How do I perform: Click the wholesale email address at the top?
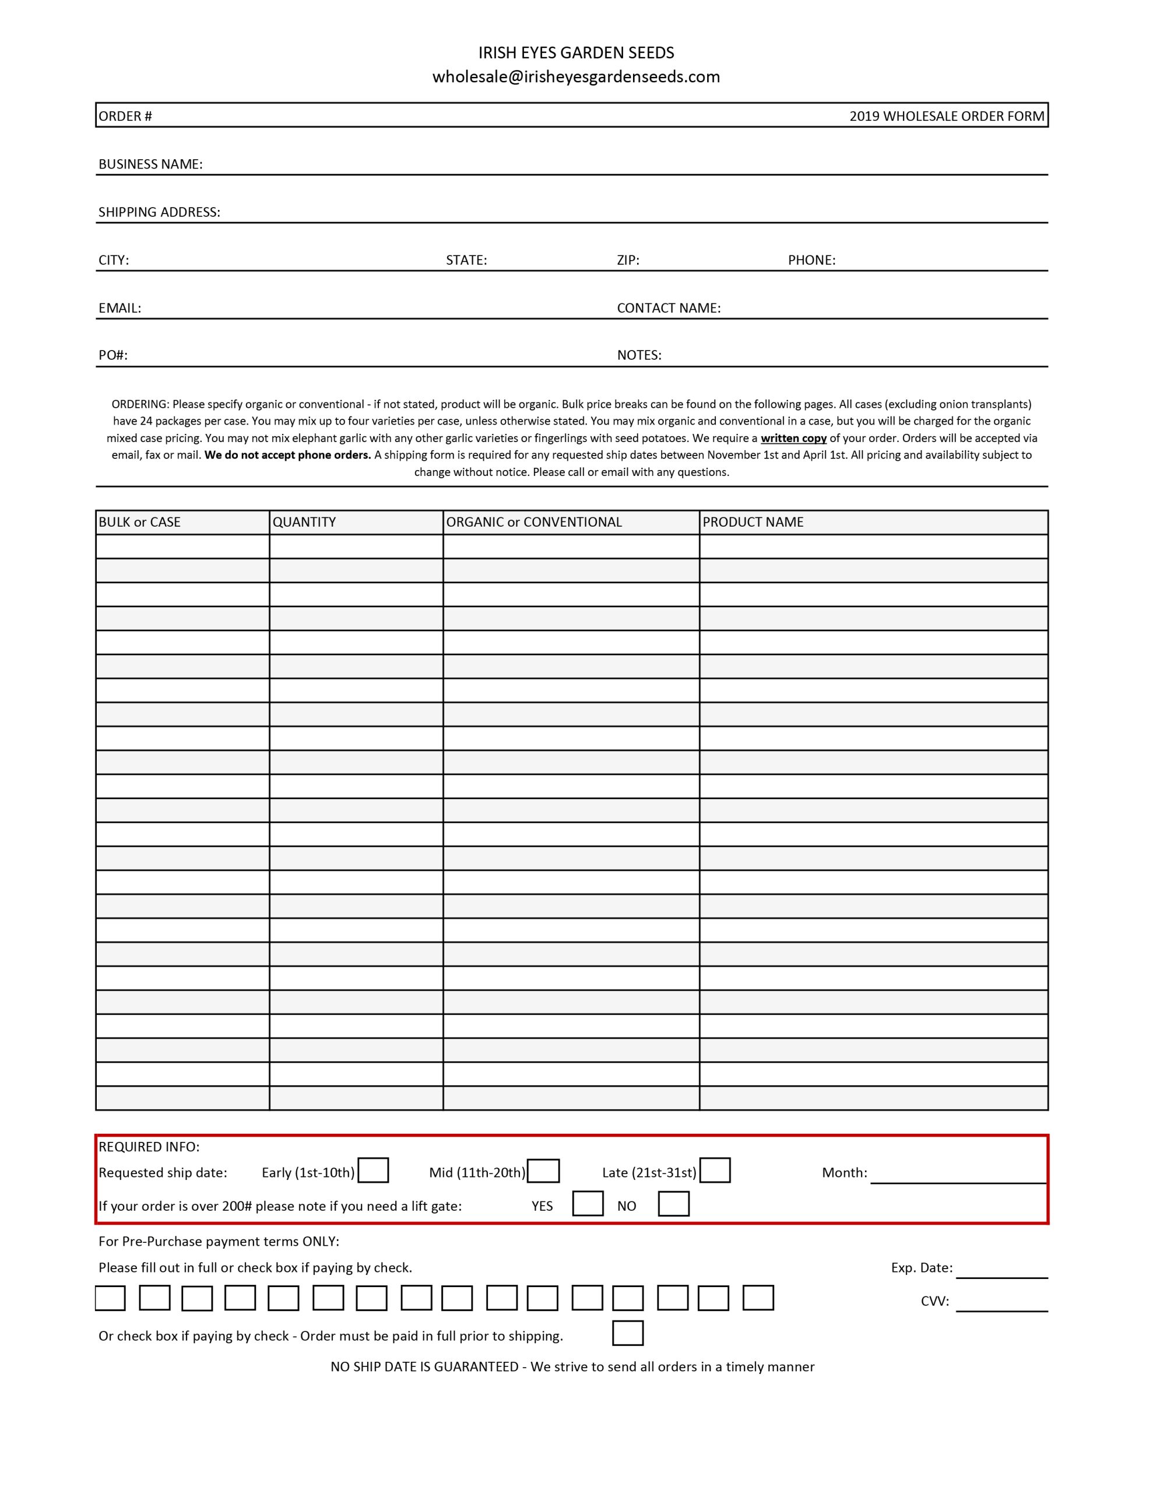pyautogui.click(x=575, y=76)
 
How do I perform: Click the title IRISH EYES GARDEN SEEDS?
pyautogui.click(x=575, y=52)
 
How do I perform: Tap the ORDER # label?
pyautogui.click(x=125, y=116)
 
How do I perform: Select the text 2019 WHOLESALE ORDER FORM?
pyautogui.click(x=946, y=116)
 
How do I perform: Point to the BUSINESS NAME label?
pyautogui.click(x=150, y=164)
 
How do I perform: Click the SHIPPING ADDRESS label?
pyautogui.click(x=159, y=212)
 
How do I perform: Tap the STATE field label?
pyautogui.click(x=466, y=260)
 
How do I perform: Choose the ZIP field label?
pyautogui.click(x=627, y=260)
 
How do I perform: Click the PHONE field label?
pyautogui.click(x=811, y=260)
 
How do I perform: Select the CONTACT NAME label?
pyautogui.click(x=669, y=307)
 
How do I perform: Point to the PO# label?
pyautogui.click(x=113, y=355)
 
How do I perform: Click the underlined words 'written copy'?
pyautogui.click(x=793, y=438)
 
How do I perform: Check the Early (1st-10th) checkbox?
pyautogui.click(x=373, y=1170)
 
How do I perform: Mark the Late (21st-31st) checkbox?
pyautogui.click(x=715, y=1170)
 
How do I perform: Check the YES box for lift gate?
pyautogui.click(x=587, y=1203)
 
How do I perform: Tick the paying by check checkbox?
pyautogui.click(x=627, y=1333)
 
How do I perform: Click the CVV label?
pyautogui.click(x=934, y=1301)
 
